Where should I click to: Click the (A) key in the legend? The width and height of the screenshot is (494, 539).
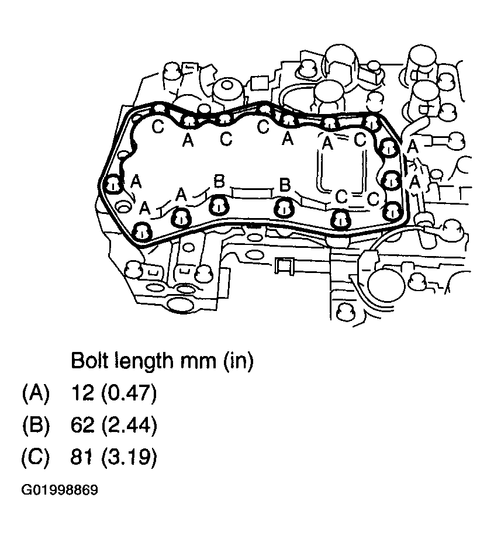coord(35,393)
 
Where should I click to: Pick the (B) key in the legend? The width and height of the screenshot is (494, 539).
coord(35,425)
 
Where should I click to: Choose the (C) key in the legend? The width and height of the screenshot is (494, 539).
coord(35,457)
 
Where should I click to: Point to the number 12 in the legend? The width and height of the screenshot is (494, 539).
coord(81,393)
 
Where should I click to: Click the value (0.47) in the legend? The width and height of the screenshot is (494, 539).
coord(129,393)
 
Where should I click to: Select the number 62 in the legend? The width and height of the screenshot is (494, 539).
coord(81,425)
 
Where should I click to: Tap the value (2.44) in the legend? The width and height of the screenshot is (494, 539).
coord(129,425)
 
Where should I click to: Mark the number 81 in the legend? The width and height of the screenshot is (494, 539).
coord(81,457)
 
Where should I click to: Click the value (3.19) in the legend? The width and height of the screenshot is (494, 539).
coord(129,457)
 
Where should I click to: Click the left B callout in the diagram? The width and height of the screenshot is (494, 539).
coord(219,181)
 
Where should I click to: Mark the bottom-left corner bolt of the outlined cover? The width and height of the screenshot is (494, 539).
coord(142,231)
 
